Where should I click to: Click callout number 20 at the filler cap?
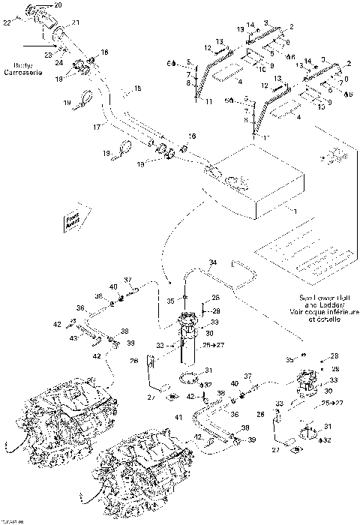(59, 6)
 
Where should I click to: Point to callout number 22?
(7, 23)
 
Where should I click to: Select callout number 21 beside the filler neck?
(75, 23)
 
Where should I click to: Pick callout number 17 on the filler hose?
(97, 128)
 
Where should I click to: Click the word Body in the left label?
(18, 67)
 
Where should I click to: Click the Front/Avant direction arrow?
(73, 219)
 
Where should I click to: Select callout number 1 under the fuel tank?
(295, 213)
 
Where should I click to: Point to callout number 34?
(213, 262)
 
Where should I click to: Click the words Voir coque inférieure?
(318, 312)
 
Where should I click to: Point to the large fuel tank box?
(255, 180)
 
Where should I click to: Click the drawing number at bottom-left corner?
(12, 519)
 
